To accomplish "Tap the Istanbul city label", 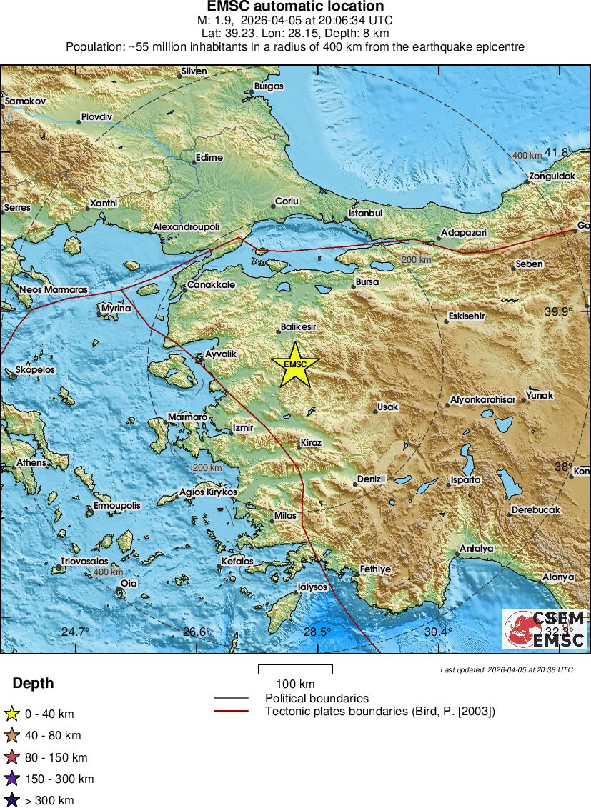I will point(366,214).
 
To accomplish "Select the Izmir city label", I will point(243,428).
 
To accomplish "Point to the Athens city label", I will point(31,463).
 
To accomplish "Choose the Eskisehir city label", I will point(467,316).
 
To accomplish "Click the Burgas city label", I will point(269,86).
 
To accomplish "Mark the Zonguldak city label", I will point(552,176).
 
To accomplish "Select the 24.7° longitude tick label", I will point(75,632).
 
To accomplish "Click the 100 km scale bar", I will point(295,669).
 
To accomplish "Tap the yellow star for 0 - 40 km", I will point(11,713).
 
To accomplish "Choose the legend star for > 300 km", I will point(11,800).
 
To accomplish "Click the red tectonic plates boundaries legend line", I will point(231,711).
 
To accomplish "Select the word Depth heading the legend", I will point(33,684).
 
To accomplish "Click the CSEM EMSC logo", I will point(545,629).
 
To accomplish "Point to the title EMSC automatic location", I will point(295,6).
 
